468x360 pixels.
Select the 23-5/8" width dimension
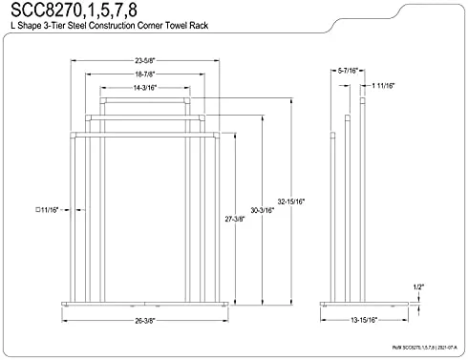(148, 64)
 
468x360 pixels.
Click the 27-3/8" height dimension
(235, 218)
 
